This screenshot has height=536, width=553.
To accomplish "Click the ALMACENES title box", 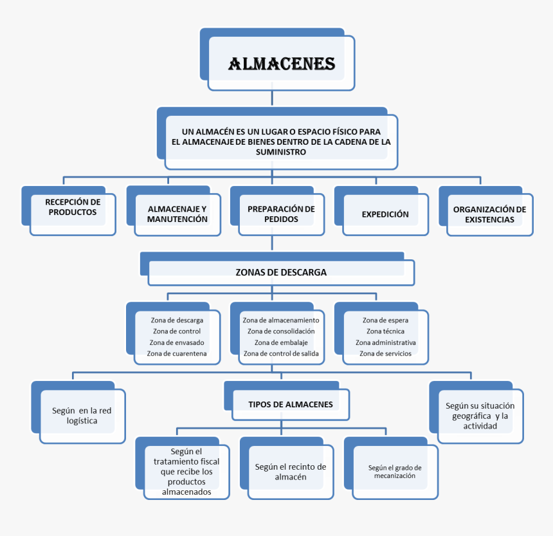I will [282, 64].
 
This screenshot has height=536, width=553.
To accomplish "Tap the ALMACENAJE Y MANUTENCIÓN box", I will [177, 214].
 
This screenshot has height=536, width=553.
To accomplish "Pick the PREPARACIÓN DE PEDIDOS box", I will [281, 214].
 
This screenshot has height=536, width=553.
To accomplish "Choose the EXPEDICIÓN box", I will [385, 214].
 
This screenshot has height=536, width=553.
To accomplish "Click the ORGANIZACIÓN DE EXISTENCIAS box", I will [489, 214].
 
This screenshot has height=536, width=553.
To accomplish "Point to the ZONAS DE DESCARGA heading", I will [281, 272].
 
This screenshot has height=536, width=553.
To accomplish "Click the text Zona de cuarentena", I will [177, 353].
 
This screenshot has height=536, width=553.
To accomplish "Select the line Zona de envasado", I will [177, 342].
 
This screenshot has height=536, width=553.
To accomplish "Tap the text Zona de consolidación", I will [281, 331].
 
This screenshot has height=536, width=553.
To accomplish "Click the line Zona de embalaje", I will [281, 342].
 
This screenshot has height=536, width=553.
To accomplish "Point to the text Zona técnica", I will [385, 331].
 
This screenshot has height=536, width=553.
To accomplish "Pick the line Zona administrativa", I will [385, 342].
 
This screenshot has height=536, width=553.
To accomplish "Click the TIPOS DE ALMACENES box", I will [291, 405].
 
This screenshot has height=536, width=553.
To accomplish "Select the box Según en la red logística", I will [82, 416].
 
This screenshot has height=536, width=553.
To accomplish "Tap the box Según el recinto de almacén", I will [291, 472].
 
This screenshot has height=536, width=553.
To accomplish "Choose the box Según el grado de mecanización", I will [395, 472].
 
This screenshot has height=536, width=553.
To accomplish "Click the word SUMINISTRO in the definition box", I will [280, 152].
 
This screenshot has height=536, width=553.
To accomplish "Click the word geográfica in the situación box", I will [470, 416].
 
